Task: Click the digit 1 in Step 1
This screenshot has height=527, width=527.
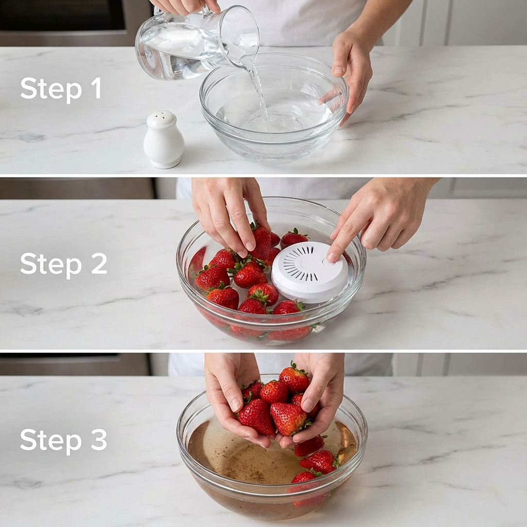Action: tap(96, 88)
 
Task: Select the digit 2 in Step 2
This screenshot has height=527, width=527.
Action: tap(99, 264)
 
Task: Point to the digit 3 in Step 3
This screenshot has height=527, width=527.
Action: tap(99, 440)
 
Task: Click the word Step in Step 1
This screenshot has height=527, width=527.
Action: tap(51, 90)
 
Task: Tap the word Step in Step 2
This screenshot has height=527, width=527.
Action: tap(51, 265)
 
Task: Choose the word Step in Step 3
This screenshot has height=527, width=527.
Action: tap(51, 441)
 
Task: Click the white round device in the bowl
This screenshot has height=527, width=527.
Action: tap(309, 271)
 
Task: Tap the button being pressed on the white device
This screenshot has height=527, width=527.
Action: tap(328, 261)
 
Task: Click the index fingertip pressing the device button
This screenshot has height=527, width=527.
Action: tap(331, 257)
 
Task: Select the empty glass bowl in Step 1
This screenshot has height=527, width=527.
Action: tap(274, 108)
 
